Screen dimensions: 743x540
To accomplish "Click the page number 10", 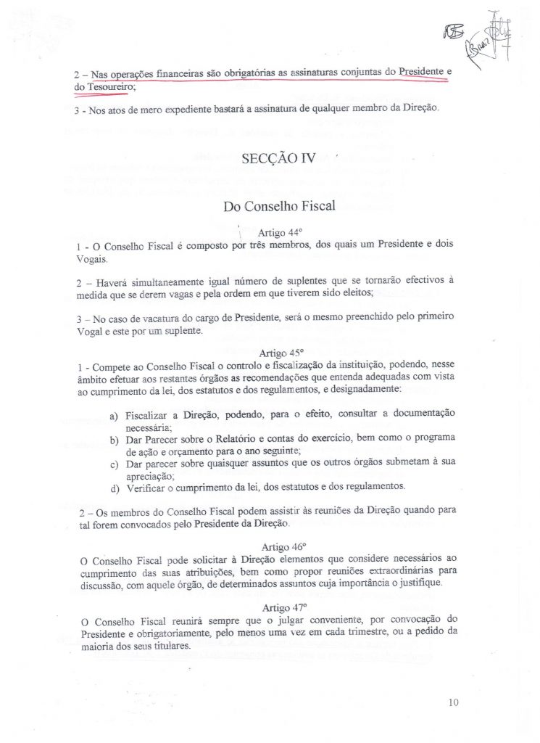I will tap(454, 702).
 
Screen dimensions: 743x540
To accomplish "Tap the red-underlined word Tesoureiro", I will tap(109, 86).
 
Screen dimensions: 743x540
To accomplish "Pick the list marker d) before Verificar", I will tap(114, 486).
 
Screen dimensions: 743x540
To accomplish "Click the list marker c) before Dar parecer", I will tap(113, 464).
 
